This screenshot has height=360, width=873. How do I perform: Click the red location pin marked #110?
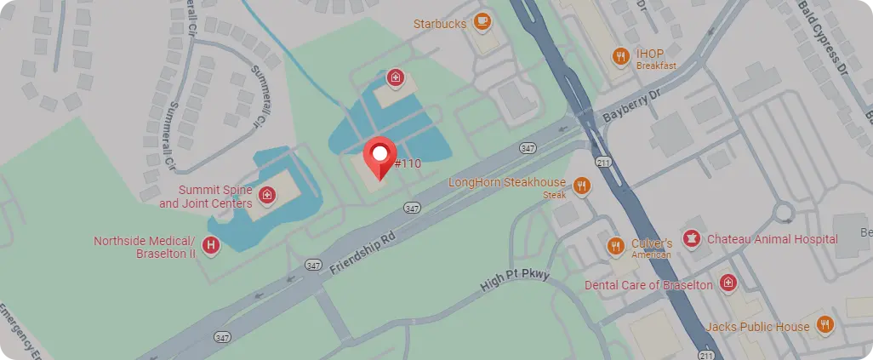380,156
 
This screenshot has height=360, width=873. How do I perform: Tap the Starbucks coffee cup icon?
482,22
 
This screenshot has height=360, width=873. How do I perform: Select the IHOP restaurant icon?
622,57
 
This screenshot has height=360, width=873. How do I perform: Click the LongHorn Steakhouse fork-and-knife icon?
582,186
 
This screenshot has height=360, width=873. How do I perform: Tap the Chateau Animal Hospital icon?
693,239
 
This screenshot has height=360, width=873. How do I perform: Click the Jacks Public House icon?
824,325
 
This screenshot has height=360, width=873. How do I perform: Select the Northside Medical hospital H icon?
211,247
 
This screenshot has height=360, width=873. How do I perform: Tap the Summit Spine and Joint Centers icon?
267,197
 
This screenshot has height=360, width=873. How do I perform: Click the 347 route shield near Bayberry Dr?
527,149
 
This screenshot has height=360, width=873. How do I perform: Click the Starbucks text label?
440,24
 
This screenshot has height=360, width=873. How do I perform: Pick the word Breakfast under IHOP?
656,66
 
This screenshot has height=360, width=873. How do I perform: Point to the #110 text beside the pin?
408,163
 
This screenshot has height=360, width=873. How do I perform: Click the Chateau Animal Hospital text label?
772,239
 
